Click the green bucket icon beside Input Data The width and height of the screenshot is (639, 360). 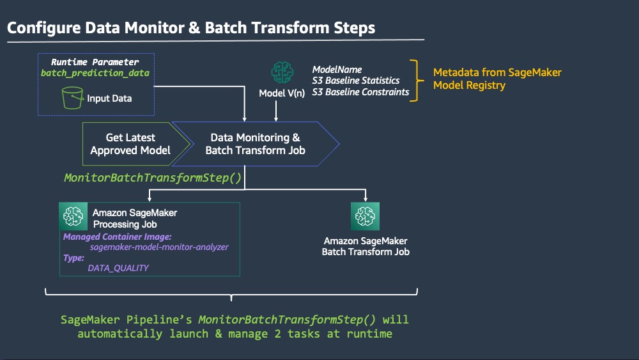(x=73, y=98)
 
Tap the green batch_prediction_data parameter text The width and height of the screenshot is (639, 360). (x=95, y=73)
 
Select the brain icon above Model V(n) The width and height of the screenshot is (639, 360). (x=282, y=72)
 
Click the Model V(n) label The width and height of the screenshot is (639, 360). (x=282, y=93)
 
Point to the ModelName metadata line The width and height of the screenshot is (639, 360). (x=337, y=69)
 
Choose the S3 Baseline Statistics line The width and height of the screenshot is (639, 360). (x=356, y=81)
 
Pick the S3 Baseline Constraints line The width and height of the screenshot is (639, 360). (x=360, y=91)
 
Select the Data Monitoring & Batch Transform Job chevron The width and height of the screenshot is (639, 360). (x=256, y=144)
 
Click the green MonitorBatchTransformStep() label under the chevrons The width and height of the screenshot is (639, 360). (x=153, y=178)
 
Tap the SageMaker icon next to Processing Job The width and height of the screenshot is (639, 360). (x=73, y=216)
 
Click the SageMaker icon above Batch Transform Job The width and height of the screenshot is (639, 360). (x=365, y=216)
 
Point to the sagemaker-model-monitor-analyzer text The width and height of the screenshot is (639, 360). (x=159, y=247)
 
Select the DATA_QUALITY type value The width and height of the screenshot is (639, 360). (x=118, y=268)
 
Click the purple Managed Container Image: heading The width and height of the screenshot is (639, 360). (x=118, y=237)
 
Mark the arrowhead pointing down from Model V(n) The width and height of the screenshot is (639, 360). (x=276, y=119)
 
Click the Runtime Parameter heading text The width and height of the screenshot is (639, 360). (x=95, y=62)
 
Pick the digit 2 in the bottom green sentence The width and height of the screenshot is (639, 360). (x=277, y=334)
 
